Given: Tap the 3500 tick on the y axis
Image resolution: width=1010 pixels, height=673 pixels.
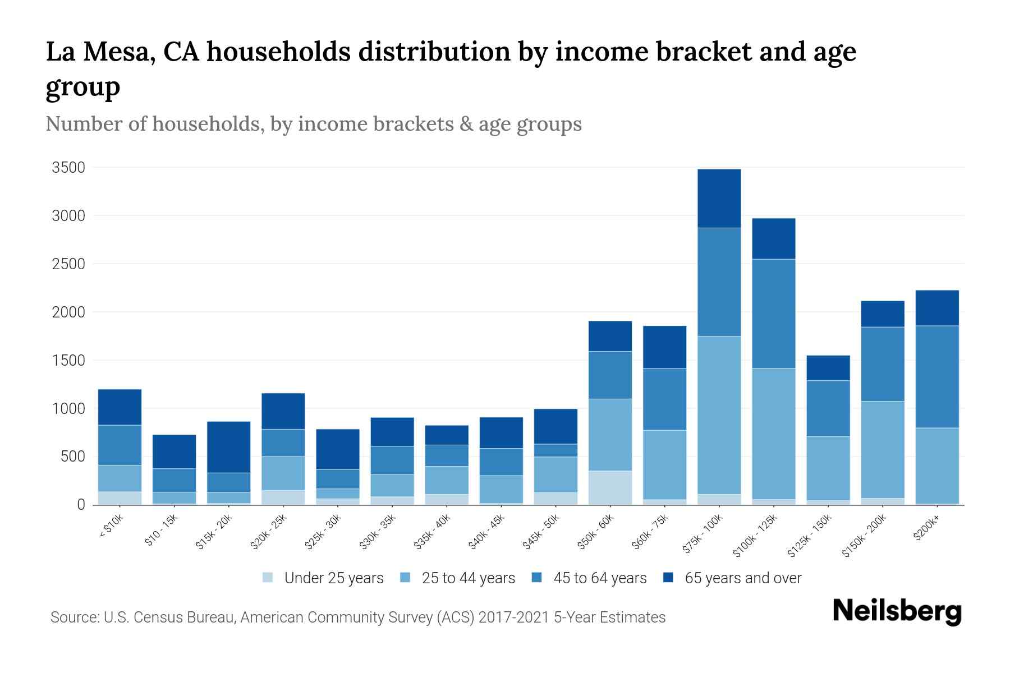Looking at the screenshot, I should pos(68,168).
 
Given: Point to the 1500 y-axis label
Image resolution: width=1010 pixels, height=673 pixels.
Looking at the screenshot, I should pos(68,360).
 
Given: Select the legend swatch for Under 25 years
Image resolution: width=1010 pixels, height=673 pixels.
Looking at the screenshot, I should pos(268,578).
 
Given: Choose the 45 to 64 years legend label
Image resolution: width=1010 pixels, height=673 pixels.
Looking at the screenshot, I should pos(600,578).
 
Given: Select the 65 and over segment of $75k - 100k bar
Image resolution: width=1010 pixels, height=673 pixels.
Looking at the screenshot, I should pos(719,199).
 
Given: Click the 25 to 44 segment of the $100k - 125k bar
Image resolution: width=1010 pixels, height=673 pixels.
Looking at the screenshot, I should pos(773,434).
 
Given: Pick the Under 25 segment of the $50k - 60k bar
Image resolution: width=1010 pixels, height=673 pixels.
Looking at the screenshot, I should pos(610,487).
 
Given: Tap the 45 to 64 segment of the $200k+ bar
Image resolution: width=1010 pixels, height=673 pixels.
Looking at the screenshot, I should pos(936,377).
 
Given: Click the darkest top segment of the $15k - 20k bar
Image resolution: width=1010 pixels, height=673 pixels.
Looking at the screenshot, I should pos(228,447).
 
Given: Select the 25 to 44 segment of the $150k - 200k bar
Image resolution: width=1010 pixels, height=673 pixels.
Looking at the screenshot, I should pos(882,450).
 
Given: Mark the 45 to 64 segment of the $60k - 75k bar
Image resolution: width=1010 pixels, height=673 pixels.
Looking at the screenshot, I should pos(664,399).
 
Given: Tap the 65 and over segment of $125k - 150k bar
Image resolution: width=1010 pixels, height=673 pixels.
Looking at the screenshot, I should pos(828,368).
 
